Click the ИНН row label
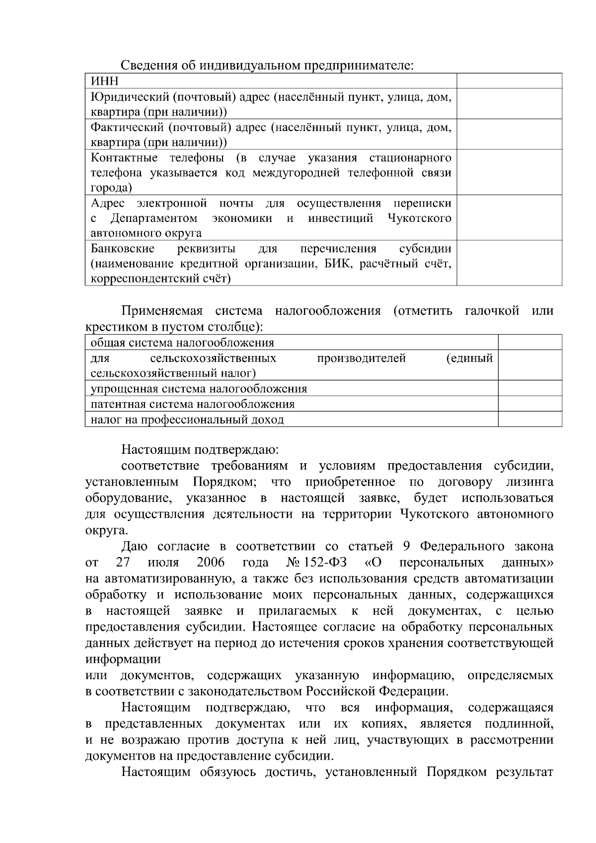104,81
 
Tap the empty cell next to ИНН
509,81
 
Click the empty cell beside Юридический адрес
509,104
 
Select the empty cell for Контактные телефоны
509,172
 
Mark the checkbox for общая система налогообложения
529,343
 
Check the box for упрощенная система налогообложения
529,388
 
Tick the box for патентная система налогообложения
529,404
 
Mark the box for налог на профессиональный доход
529,419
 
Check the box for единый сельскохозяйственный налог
529,365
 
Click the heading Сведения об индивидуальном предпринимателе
267,66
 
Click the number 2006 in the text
211,562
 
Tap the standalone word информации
123,659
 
